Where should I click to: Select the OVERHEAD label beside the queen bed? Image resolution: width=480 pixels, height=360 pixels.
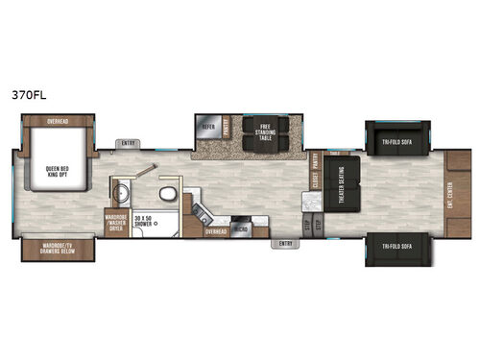pyautogui.click(x=58, y=121)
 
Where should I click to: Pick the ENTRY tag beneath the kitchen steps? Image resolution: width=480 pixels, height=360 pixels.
pyautogui.click(x=284, y=244)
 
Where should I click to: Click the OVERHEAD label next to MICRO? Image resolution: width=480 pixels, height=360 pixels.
pyautogui.click(x=216, y=231)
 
